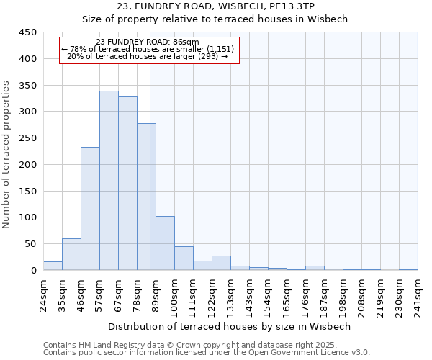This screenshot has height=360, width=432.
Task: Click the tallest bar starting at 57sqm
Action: click(x=109, y=180)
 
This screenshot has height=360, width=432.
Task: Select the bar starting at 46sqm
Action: click(x=90, y=209)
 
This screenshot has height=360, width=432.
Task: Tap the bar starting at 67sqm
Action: click(x=127, y=184)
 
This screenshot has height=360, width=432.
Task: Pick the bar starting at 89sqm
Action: click(x=165, y=243)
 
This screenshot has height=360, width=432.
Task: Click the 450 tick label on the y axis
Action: click(x=28, y=32)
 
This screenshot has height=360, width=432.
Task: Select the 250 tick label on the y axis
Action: click(x=28, y=138)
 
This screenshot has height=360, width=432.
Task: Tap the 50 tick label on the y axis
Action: click(x=31, y=244)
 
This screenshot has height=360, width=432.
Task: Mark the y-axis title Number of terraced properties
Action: click(x=6, y=155)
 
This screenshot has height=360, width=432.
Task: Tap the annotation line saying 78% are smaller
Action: click(x=148, y=49)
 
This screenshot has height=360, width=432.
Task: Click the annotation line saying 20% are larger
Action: click(x=148, y=56)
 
